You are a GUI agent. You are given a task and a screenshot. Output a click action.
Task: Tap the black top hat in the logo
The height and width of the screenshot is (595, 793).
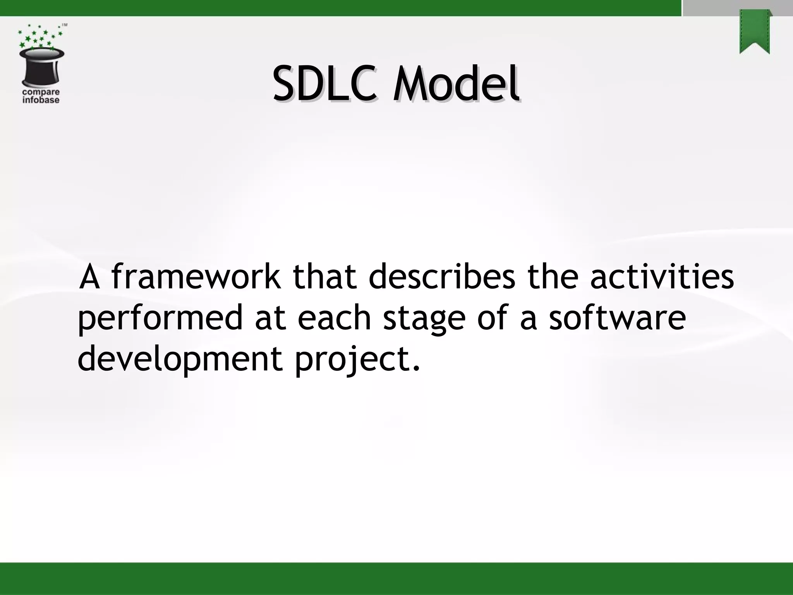point(42,67)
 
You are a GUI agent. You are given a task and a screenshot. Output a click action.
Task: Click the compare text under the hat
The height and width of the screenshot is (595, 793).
point(41,93)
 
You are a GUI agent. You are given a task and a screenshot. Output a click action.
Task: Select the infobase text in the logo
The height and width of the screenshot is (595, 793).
point(41,100)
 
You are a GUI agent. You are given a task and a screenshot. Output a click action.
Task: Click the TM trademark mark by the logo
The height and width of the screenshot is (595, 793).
point(65,25)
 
